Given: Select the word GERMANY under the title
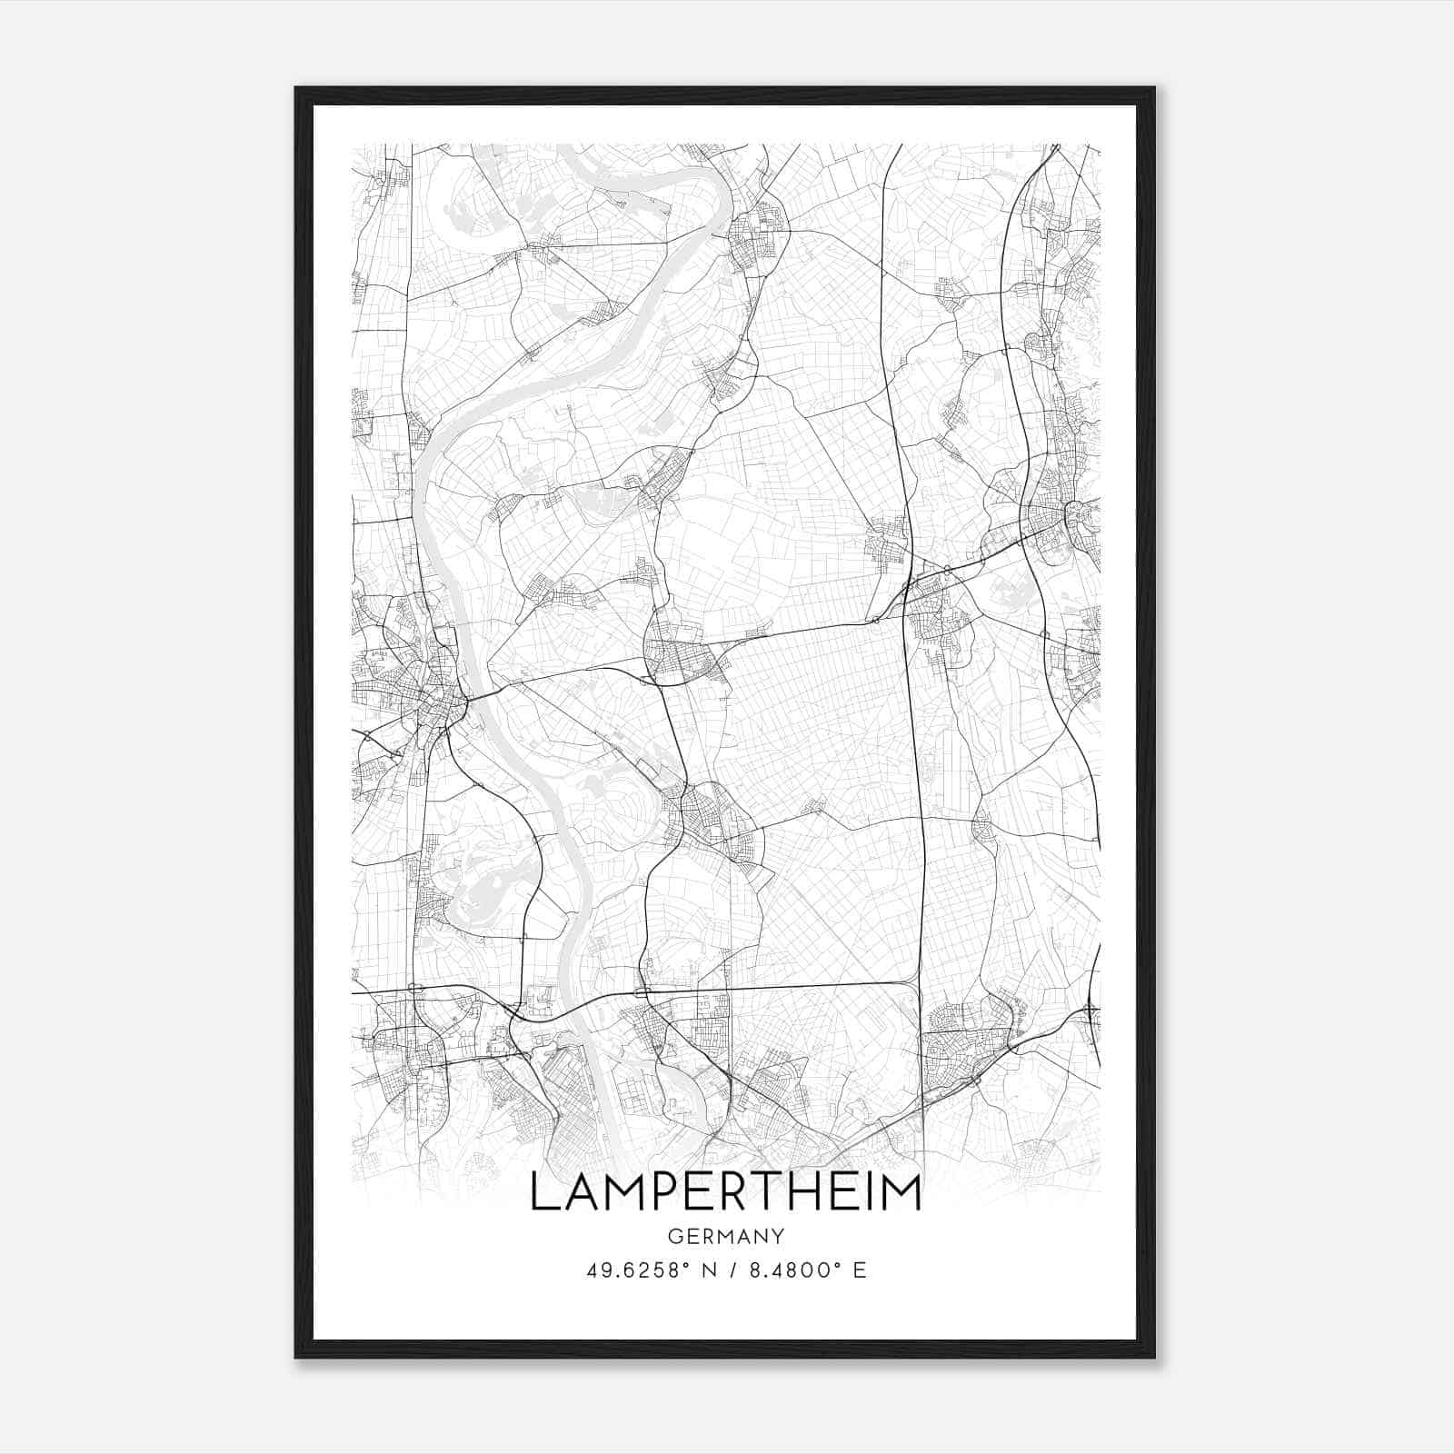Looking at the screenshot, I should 725,1236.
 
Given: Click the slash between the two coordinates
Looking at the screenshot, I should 731,1270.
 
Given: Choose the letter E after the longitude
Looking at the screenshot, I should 859,1270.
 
